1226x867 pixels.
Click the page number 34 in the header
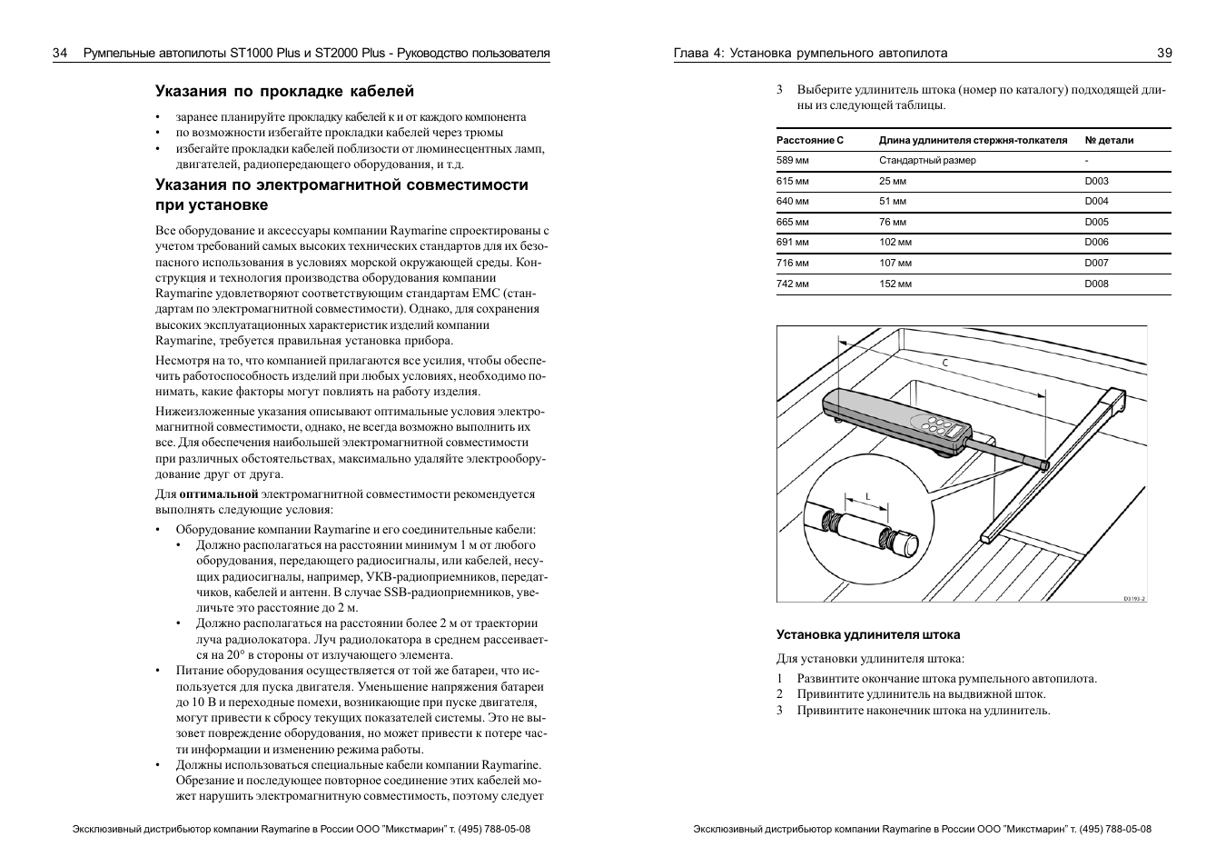60,53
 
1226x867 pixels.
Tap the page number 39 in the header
1163,53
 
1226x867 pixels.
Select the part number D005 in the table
1096,222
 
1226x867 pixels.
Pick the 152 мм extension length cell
895,284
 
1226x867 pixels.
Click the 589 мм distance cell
792,160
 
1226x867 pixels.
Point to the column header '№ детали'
1109,140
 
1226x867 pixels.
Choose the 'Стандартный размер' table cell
927,160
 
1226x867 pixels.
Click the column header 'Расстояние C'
810,140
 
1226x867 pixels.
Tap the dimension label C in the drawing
944,363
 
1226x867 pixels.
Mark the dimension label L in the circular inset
867,496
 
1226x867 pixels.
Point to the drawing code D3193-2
1133,598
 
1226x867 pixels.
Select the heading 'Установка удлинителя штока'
867,634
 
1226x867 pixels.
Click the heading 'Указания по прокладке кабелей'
284,91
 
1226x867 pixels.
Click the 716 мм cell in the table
792,263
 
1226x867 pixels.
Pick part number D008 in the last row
1096,284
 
